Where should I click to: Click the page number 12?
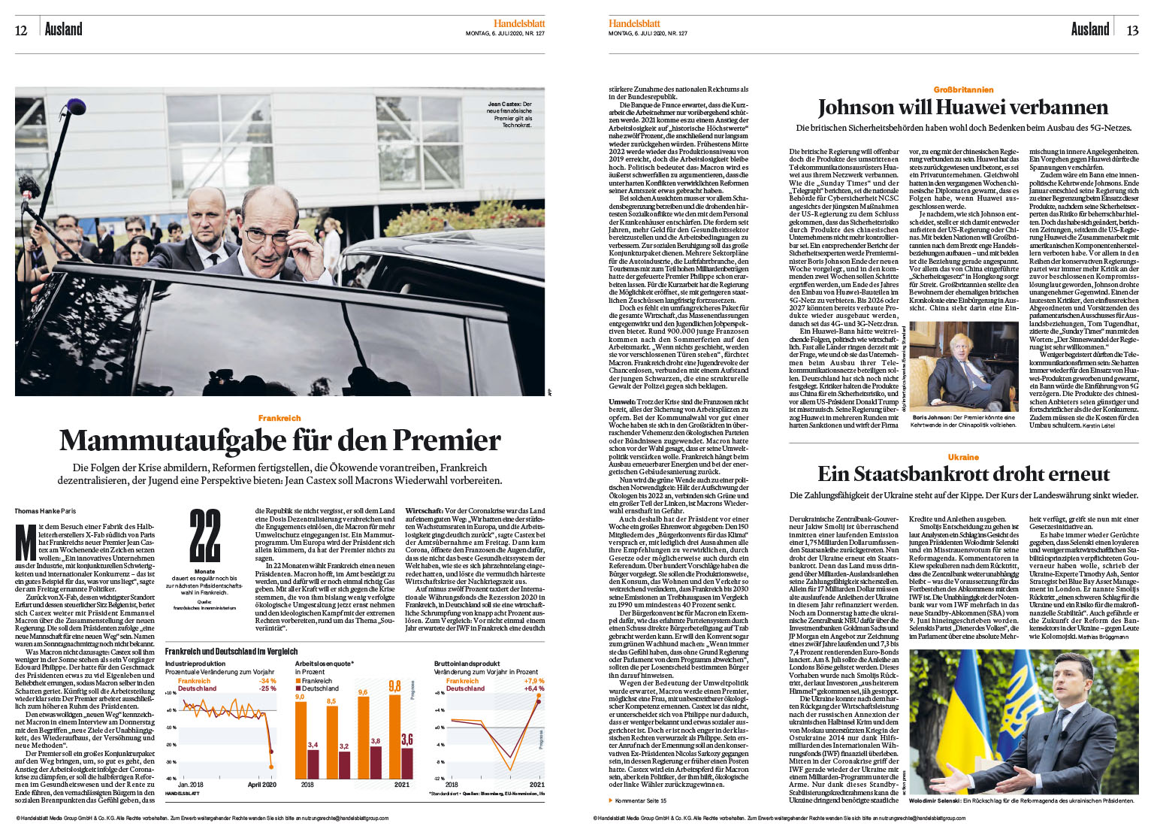(21, 30)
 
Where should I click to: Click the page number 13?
(1131, 30)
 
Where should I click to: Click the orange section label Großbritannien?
(963, 89)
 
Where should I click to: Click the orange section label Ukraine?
(963, 457)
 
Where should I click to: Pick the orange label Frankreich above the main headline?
(279, 418)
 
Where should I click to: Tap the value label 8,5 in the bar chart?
(331, 701)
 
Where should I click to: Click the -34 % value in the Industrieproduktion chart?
(267, 681)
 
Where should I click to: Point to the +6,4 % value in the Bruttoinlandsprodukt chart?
(534, 688)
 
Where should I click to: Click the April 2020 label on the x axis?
(262, 785)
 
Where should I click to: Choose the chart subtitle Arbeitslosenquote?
(323, 664)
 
